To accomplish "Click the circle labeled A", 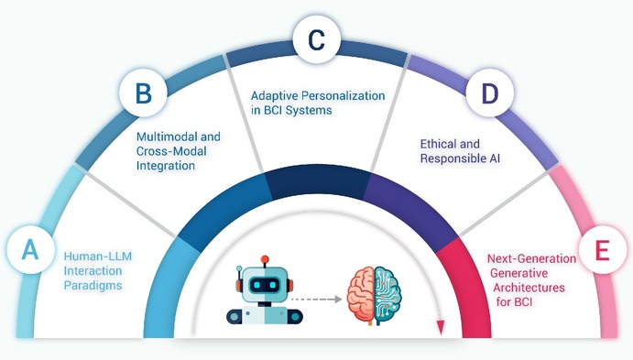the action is click(30, 250).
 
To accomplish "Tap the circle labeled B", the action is click(143, 93).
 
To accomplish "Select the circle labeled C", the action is click(317, 39).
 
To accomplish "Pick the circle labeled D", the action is click(490, 93).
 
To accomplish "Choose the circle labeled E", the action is click(603, 250).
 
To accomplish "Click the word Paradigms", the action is click(93, 285).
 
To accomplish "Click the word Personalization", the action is click(344, 96).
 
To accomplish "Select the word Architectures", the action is click(529, 288).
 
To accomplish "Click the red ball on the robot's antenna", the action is click(265, 259).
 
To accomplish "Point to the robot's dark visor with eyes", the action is click(265, 285).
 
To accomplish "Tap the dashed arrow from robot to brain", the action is click(317, 299).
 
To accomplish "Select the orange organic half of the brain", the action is click(361, 296).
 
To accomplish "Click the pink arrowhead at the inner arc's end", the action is click(441, 327).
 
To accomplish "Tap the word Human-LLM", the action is click(98, 256).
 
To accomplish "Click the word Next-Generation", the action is click(531, 258).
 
